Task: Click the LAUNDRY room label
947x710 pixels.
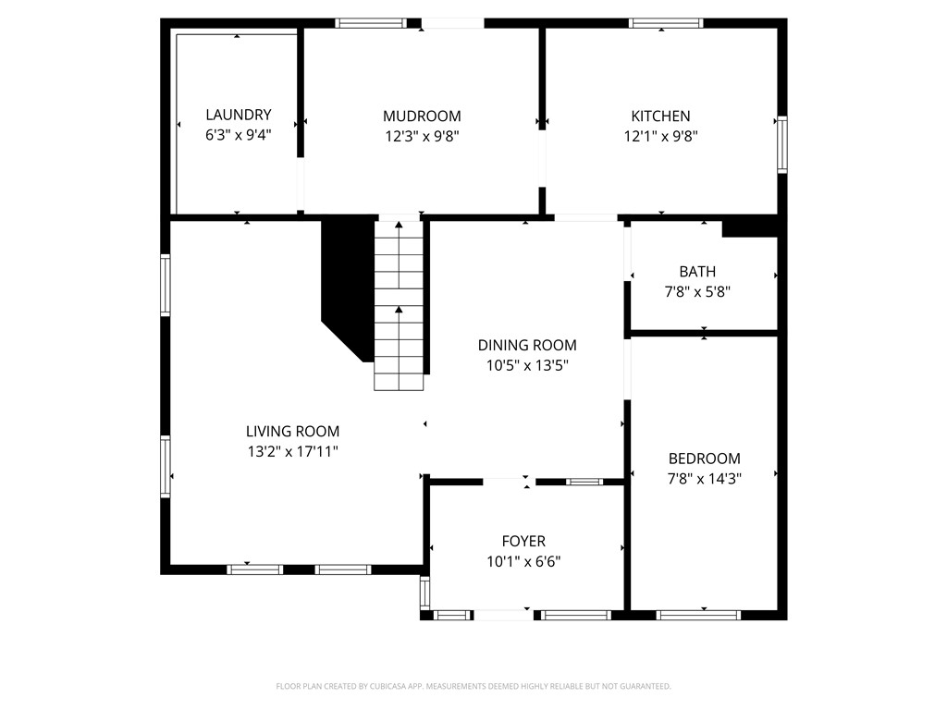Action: click(x=239, y=115)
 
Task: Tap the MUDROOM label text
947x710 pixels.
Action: click(x=422, y=116)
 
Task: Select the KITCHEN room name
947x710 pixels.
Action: click(x=660, y=116)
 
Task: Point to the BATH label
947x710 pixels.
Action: click(x=697, y=272)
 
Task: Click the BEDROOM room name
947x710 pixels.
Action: click(x=704, y=459)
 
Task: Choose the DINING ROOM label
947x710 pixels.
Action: click(x=527, y=345)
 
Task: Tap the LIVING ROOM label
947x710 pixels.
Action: click(x=293, y=431)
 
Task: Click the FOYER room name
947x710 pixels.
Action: click(x=523, y=541)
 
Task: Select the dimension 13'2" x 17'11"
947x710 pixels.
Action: click(x=293, y=451)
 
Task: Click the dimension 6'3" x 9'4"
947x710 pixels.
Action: click(x=239, y=135)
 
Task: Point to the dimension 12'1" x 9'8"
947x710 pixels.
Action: click(x=660, y=136)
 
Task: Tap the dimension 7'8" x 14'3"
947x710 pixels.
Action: click(x=704, y=478)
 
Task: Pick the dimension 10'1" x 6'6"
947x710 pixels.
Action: click(x=523, y=561)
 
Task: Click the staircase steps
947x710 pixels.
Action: click(x=399, y=305)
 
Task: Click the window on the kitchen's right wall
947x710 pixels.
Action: click(x=782, y=144)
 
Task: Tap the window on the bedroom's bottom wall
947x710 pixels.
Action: click(x=699, y=615)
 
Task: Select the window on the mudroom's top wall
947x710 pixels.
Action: click(x=372, y=23)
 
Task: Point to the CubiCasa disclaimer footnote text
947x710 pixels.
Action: click(x=473, y=687)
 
